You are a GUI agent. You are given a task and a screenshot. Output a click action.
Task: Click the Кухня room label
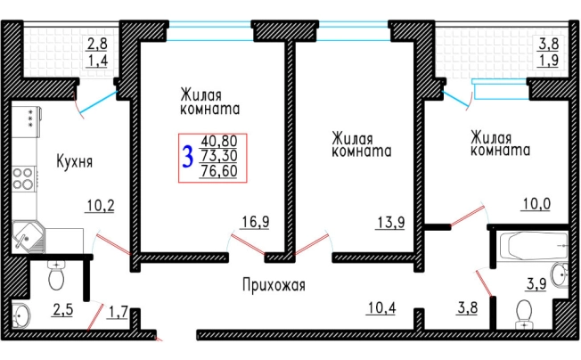click(75, 162)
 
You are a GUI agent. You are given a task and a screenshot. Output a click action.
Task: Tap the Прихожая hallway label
click(274, 285)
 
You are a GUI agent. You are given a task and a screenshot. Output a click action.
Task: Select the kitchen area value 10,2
click(100, 207)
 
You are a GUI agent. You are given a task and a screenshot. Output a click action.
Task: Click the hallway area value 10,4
click(381, 308)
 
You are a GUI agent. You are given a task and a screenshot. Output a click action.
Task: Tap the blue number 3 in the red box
click(187, 159)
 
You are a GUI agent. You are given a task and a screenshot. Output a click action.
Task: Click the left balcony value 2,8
click(96, 42)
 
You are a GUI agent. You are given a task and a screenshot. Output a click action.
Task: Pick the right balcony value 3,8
click(548, 42)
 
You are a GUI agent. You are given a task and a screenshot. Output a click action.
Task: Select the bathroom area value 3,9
click(536, 285)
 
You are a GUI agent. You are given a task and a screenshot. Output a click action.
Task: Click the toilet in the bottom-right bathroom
click(525, 313)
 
